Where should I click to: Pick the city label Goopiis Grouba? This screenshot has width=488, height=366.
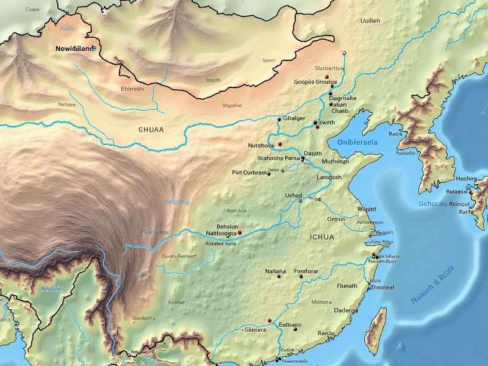tap(315, 81)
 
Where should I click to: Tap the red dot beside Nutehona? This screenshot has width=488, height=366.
tap(280, 144)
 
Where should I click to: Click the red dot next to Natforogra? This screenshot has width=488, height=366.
tap(240, 232)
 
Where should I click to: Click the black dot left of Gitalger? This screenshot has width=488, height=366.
tap(279, 119)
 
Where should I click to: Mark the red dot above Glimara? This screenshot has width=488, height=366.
tap(269, 319)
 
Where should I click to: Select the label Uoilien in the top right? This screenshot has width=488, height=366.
tap(370, 21)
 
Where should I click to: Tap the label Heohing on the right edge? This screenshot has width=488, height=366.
tap(467, 179)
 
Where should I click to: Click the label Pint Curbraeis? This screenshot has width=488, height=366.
tap(250, 173)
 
